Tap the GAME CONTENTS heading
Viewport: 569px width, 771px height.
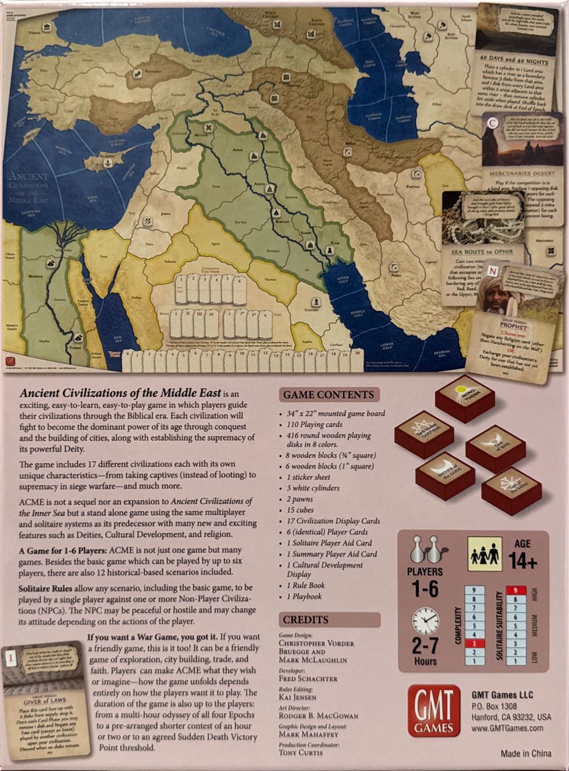click(328, 395)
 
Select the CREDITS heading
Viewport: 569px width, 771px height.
click(306, 619)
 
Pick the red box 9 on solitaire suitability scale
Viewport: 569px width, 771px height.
click(515, 590)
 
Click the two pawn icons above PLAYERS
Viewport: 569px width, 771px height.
click(424, 549)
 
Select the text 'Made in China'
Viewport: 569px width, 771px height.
click(526, 753)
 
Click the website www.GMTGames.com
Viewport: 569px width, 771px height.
click(507, 728)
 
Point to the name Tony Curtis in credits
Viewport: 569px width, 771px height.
click(300, 752)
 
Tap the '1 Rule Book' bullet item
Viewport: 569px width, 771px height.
click(306, 585)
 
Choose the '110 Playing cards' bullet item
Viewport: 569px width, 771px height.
click(314, 424)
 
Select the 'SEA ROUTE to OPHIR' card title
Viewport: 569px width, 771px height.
click(482, 251)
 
